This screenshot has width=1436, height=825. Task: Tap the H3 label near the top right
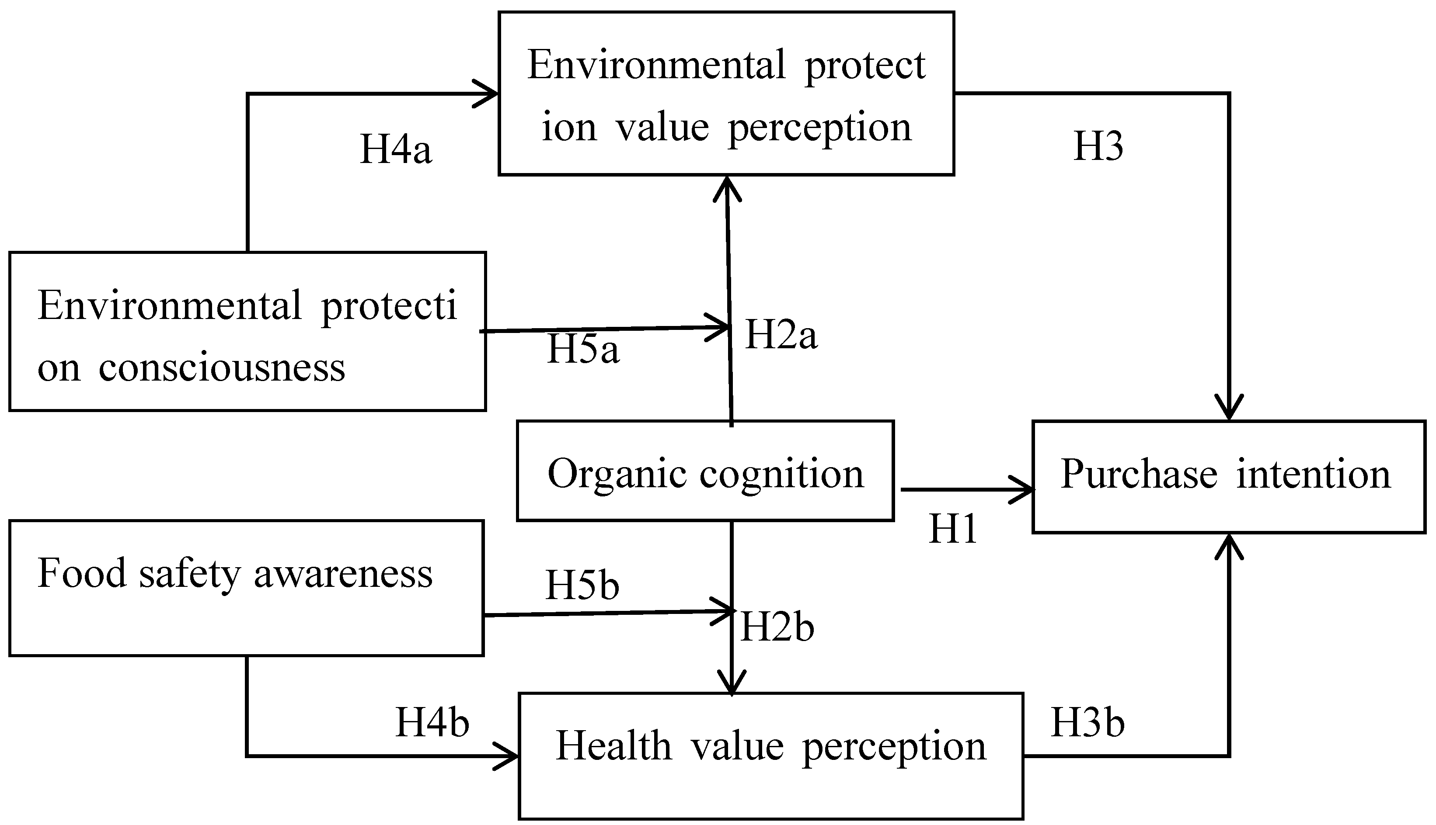point(1098,147)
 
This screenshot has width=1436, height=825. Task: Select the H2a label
point(781,334)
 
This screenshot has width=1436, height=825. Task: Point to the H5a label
point(583,349)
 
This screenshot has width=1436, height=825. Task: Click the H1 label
point(952,529)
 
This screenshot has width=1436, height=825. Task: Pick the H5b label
point(582,585)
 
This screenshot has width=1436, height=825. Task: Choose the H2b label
point(777,628)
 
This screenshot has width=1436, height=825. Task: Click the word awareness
point(343,573)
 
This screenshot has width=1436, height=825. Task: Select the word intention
point(1313,474)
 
